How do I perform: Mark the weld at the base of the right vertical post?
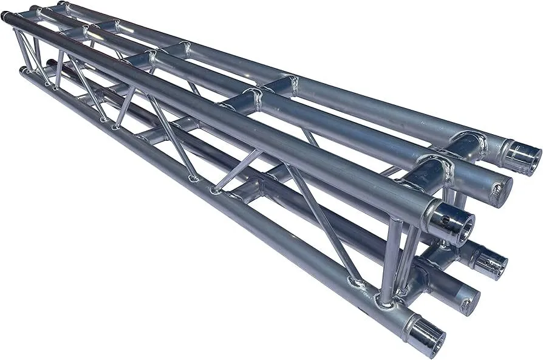tap(385, 298)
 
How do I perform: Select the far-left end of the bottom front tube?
tap(23, 71)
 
